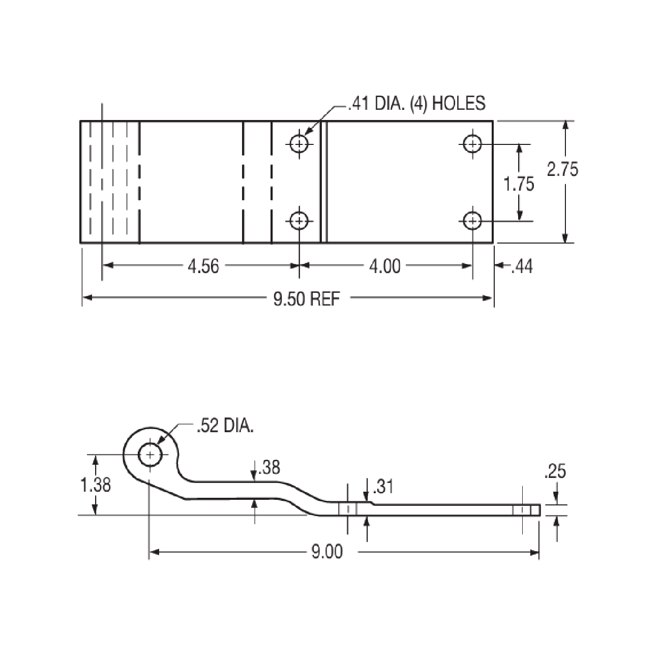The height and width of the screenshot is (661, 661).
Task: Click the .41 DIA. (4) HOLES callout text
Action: (416, 104)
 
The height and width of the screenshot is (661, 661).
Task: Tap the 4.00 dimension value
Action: (384, 266)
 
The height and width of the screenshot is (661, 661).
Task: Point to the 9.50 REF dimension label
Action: (307, 298)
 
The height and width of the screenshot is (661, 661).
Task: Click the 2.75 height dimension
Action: (562, 169)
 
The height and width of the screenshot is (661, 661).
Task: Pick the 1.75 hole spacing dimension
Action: (519, 184)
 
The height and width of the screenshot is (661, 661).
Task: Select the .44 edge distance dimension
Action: (522, 266)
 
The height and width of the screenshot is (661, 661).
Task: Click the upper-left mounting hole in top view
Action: (299, 144)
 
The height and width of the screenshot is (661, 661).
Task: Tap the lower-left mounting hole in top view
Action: (299, 221)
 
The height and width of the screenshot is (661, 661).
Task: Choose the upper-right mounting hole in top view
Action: (473, 144)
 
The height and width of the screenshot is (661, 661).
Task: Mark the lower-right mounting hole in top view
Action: (473, 221)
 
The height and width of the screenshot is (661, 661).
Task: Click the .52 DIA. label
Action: (224, 426)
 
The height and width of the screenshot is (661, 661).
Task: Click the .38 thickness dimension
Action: (269, 467)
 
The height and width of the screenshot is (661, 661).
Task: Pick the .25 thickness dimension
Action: (555, 472)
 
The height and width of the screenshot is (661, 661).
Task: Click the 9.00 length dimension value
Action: (327, 552)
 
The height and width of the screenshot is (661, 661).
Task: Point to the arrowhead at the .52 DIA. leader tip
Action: (160, 444)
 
